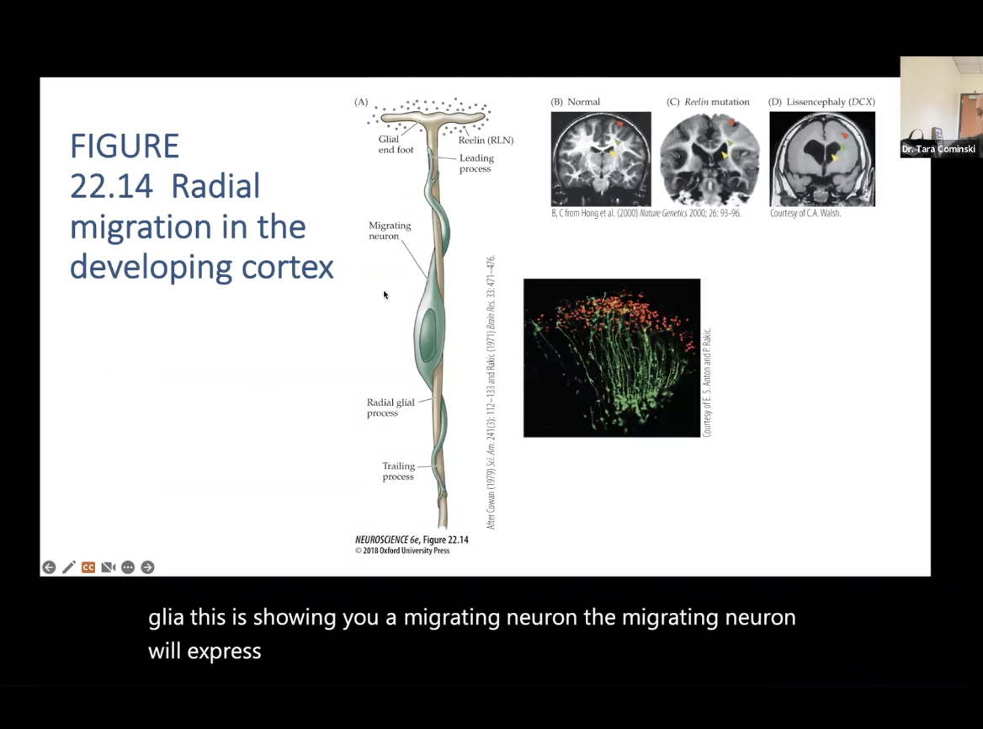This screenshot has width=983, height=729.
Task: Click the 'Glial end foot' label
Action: coord(395,145)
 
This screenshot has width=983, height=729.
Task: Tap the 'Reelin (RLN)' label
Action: coord(486,141)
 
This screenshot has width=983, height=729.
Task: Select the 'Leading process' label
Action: coord(476,163)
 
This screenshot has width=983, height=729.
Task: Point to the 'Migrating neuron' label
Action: coord(390,231)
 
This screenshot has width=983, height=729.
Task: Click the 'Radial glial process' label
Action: coord(391,407)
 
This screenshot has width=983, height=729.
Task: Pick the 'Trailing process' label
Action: coord(398,471)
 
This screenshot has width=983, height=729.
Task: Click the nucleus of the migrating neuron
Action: coord(429,332)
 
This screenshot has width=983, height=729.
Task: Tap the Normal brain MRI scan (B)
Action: coord(601,158)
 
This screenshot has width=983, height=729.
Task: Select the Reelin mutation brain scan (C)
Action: coord(709,158)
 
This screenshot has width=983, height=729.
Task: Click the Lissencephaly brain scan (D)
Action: coord(822,158)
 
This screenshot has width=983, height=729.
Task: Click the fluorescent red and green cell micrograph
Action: coord(612,358)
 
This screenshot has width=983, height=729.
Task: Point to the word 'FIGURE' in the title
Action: coord(125,146)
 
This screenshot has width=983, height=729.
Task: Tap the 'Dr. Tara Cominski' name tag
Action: coord(938,150)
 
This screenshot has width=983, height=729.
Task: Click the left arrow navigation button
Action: coord(49,567)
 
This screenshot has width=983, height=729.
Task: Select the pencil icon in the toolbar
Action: coord(68,567)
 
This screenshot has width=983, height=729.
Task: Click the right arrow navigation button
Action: coord(147,567)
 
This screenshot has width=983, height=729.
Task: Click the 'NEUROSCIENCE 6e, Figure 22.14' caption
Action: coord(412,540)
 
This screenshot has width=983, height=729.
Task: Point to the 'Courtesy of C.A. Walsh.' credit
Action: coord(805,214)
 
